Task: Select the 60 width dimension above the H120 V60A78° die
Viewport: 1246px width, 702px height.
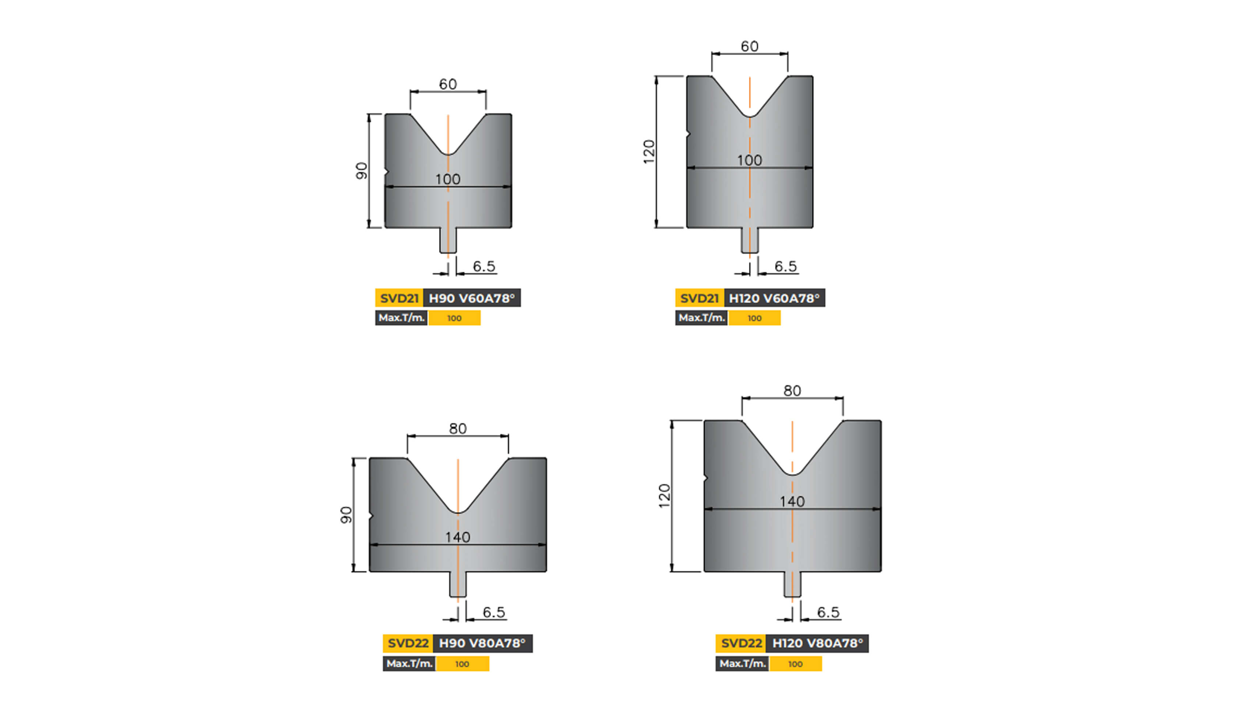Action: (x=749, y=46)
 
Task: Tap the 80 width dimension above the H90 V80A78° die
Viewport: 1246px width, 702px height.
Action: (x=458, y=429)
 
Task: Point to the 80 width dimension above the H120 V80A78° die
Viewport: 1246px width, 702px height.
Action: (x=792, y=391)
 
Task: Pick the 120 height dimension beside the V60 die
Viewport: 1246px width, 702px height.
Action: (x=649, y=151)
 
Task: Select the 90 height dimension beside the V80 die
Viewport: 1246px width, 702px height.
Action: (x=346, y=515)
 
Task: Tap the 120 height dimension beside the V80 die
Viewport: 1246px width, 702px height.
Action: (x=664, y=496)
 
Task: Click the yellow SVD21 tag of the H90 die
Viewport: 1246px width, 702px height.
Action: (x=399, y=298)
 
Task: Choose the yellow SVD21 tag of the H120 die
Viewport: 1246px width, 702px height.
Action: (x=700, y=298)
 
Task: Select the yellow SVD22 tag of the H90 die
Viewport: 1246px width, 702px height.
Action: (x=408, y=643)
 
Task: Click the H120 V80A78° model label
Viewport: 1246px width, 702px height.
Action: (x=817, y=643)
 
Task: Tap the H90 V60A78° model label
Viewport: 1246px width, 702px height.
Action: (x=471, y=298)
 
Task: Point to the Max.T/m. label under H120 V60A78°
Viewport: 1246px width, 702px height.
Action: (x=701, y=318)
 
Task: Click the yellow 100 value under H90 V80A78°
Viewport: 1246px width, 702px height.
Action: (x=462, y=664)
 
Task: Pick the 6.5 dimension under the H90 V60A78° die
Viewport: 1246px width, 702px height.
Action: (x=484, y=266)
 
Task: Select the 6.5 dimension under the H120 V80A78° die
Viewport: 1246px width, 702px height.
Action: (x=828, y=612)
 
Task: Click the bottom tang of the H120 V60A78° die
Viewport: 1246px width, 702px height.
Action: (x=750, y=241)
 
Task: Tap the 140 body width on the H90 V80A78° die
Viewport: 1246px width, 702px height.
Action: (x=458, y=537)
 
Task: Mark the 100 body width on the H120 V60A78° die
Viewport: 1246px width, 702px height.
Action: (x=749, y=160)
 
